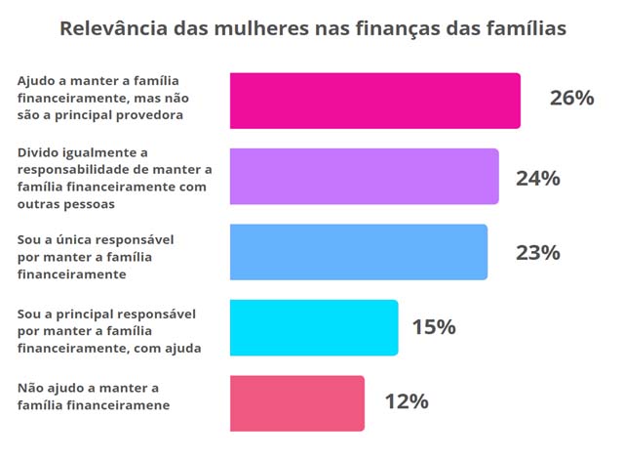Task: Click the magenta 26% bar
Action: tap(374, 101)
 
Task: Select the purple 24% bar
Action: tap(364, 177)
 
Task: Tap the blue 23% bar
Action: tap(358, 252)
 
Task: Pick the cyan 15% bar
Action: tap(313, 327)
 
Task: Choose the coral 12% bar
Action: tap(296, 402)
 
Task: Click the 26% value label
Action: tap(571, 99)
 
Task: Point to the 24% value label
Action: tap(538, 179)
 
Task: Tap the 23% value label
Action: tap(537, 253)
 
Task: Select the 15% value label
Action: tap(433, 327)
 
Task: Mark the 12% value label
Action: tap(406, 401)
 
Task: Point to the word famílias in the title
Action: tap(526, 28)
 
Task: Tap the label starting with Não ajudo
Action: tap(94, 396)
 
